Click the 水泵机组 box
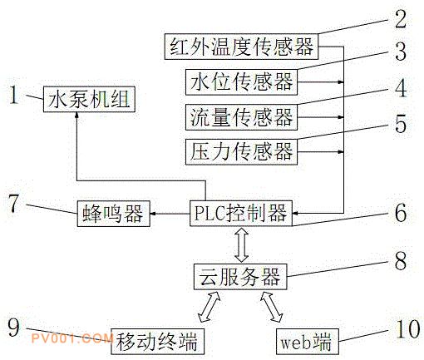click(89, 99)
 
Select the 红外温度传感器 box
click(241, 47)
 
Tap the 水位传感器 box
click(241, 82)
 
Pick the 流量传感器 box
click(241, 117)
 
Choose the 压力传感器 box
click(241, 152)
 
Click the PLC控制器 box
click(241, 213)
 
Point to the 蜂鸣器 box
click(113, 214)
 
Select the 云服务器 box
click(240, 277)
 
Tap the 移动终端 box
click(157, 342)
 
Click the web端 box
click(308, 342)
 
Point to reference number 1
click(14, 95)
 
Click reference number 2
click(401, 18)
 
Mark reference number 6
click(401, 213)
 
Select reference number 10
click(407, 329)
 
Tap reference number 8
click(401, 261)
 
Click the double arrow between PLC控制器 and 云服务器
click(241, 245)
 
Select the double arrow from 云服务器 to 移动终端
click(210, 307)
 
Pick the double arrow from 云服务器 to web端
click(272, 307)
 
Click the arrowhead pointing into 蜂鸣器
click(154, 214)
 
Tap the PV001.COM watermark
click(72, 338)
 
